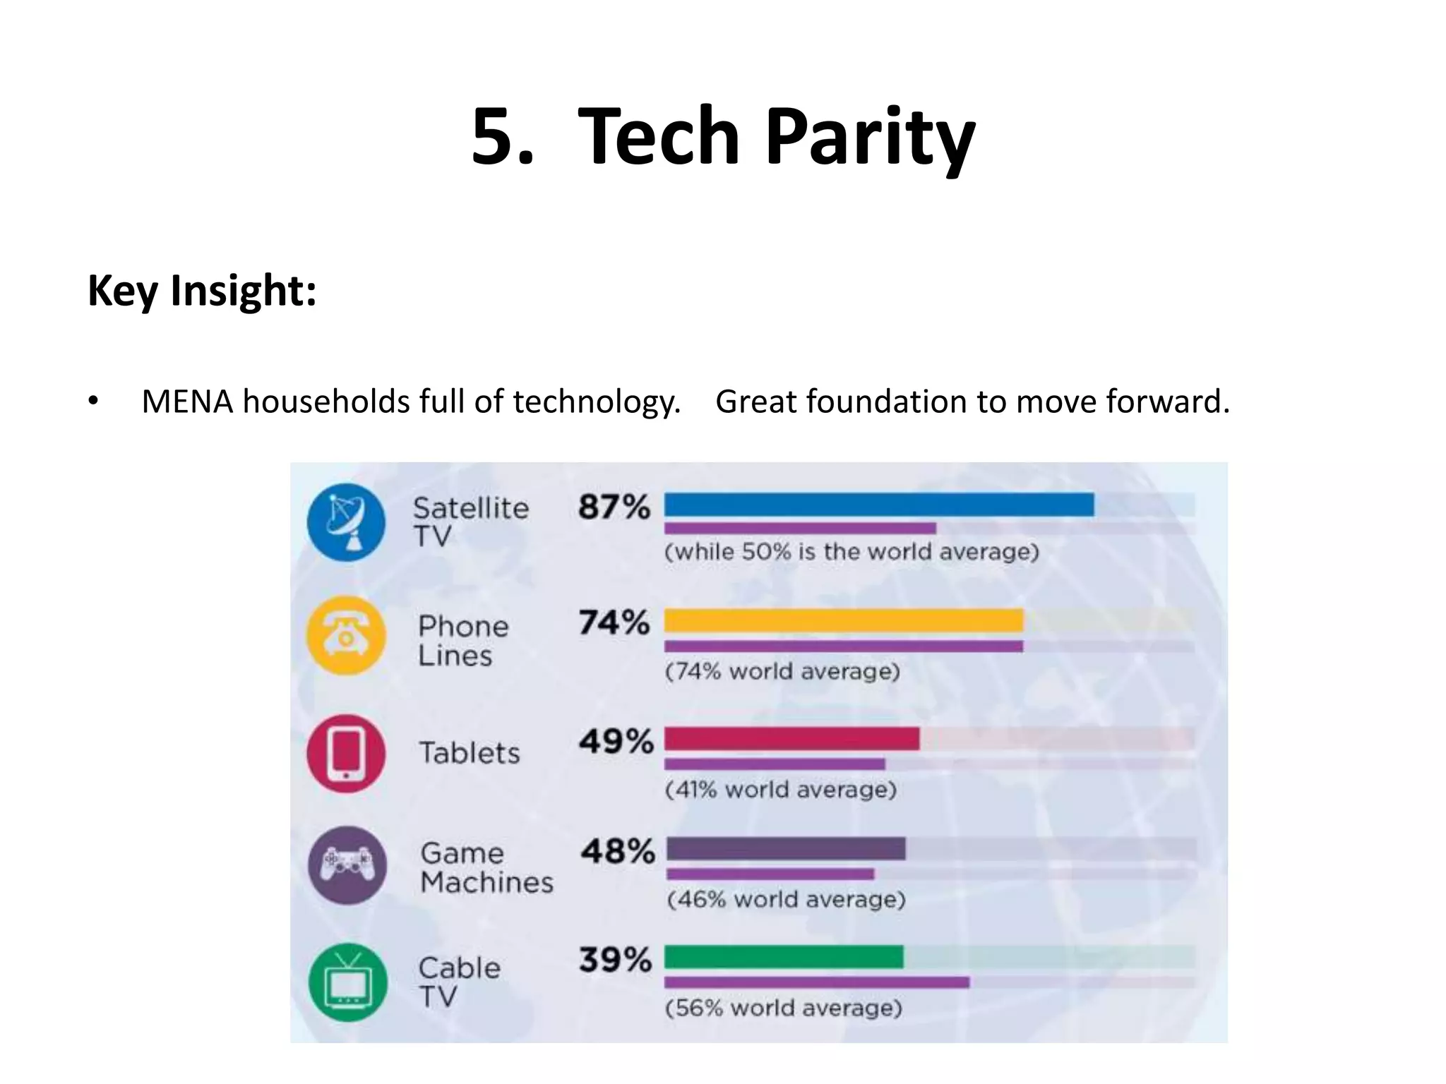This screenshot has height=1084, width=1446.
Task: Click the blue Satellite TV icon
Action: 346,522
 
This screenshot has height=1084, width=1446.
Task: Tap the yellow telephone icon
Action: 346,635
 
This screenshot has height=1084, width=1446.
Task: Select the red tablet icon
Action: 346,753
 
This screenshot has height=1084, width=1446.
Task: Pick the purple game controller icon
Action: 347,865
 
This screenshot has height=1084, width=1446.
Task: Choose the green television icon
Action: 348,982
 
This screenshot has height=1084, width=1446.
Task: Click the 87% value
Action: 614,507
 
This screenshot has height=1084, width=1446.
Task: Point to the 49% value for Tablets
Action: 616,741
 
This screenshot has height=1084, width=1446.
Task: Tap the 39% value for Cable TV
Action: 615,960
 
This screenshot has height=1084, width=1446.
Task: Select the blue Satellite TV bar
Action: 878,505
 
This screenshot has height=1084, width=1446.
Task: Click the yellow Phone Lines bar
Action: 844,620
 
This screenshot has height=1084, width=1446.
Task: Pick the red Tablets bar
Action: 791,739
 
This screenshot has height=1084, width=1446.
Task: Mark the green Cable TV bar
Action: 784,957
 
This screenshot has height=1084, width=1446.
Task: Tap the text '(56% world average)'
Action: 784,1008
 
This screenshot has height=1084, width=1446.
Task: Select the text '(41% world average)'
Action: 780,789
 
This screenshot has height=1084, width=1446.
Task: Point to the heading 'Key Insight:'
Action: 202,290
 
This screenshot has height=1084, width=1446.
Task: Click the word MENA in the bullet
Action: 187,402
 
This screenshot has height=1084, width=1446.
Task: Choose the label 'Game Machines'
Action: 486,868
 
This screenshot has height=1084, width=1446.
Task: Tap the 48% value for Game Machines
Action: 618,851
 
